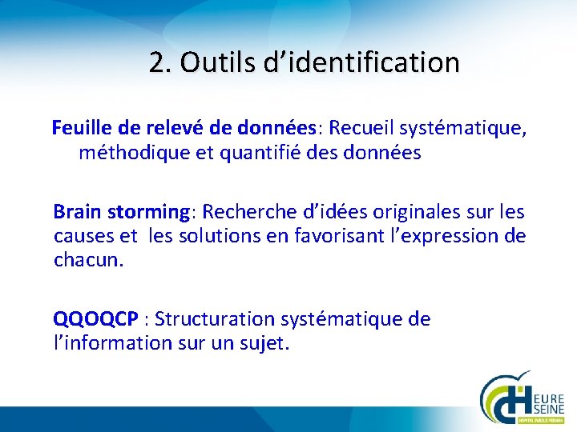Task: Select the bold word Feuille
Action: pyautogui.click(x=84, y=127)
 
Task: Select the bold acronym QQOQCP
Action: pyautogui.click(x=95, y=320)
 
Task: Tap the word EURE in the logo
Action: pyautogui.click(x=547, y=398)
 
